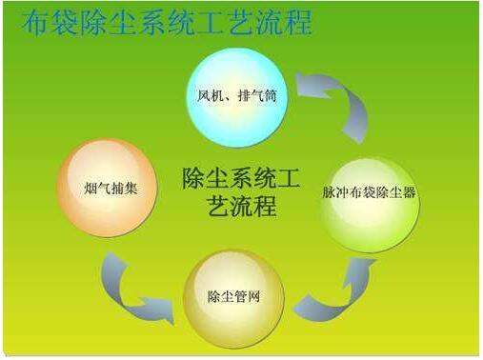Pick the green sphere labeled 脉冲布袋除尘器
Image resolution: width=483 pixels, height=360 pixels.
[370, 195]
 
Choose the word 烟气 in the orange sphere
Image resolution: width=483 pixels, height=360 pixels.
[96, 189]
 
